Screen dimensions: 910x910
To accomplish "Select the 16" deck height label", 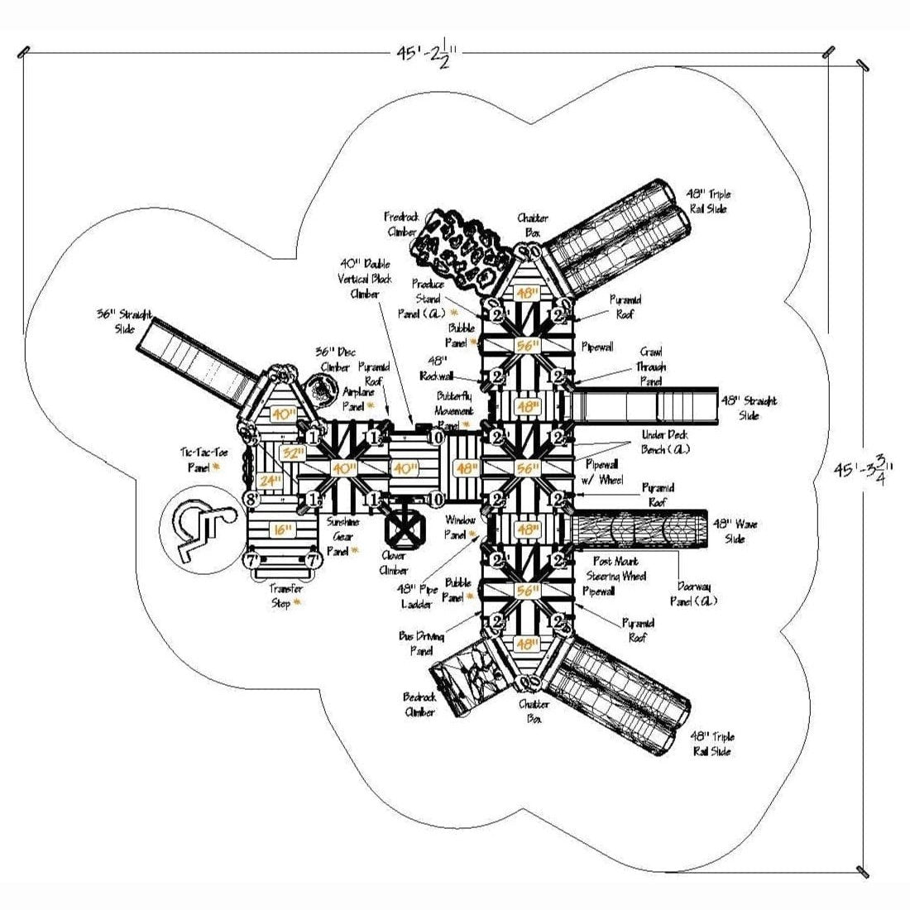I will coord(283,529).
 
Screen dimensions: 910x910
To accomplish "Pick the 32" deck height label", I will coord(291,453).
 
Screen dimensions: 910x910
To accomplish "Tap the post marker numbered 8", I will coord(251,499).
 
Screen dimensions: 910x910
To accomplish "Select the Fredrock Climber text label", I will coord(401,224).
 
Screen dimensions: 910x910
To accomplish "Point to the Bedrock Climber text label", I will coord(420,704).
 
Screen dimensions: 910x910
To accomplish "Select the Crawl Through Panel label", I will coord(651,366).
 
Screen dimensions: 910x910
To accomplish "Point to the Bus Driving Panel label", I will coord(422,644).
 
